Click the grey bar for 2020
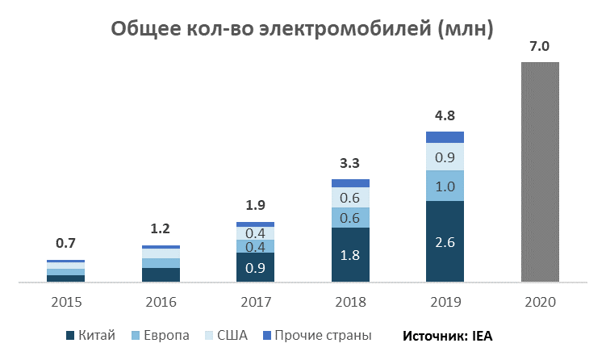click(540, 172)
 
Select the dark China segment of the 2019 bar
click(445, 241)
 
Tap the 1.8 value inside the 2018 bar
click(350, 255)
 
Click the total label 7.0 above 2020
click(539, 47)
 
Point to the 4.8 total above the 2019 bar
click(445, 116)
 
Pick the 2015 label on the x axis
click(65, 303)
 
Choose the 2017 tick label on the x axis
click(255, 303)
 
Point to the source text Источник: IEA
click(453, 335)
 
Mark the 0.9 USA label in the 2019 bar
click(445, 157)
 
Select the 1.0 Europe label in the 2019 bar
click(445, 186)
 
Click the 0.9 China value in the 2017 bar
click(255, 268)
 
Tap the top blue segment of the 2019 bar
click(445, 137)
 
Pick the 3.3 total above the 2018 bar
click(350, 164)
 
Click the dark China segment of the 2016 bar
click(161, 274)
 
